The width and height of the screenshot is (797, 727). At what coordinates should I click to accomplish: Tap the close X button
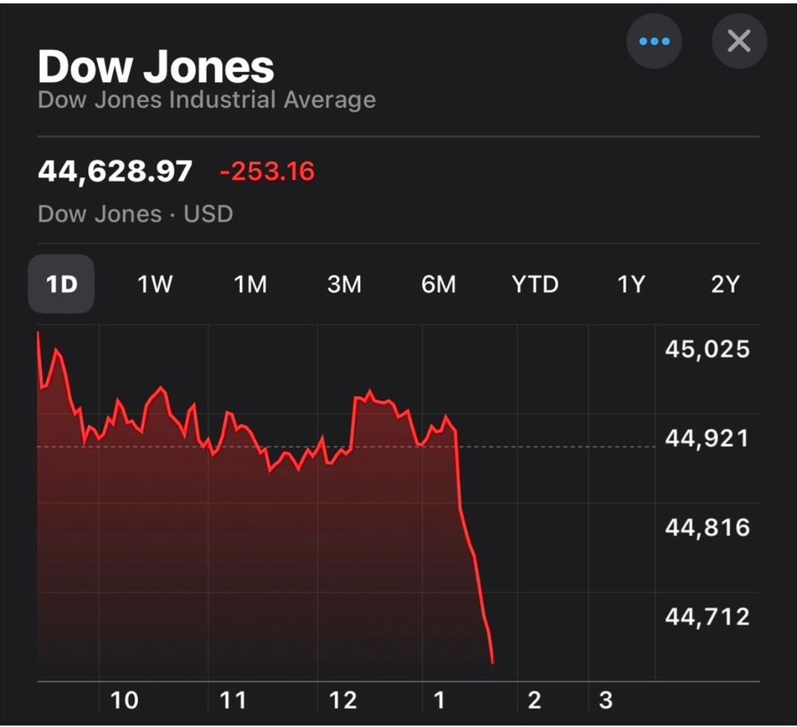pos(739,41)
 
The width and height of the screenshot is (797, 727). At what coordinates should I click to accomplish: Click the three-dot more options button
pos(654,41)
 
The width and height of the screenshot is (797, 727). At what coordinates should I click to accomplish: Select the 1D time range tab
pos(61,285)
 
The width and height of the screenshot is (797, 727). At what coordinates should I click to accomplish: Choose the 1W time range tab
pos(155,285)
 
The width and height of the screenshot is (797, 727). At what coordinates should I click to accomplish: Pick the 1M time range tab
pos(249,285)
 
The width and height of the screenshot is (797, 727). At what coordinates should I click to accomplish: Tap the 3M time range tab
pos(344,285)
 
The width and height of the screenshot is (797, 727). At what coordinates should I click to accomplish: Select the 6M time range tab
pos(438,285)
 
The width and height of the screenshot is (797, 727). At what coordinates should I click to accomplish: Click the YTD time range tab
pos(535,285)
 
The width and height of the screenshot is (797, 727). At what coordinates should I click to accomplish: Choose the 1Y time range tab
pos(630,285)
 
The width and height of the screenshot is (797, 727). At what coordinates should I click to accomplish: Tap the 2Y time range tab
pos(725,285)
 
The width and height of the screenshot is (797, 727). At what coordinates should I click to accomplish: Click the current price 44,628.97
pos(115,171)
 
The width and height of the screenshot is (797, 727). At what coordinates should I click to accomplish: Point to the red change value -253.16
pos(267,171)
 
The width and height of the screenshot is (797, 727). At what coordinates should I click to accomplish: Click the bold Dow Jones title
pos(156,67)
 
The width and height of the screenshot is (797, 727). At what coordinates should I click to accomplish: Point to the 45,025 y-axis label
pos(707,349)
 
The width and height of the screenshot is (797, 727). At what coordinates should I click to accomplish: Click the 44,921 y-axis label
pos(707,438)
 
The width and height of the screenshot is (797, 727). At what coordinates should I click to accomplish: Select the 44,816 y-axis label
pos(707,528)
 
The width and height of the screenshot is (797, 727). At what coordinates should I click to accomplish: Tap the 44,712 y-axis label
pos(707,616)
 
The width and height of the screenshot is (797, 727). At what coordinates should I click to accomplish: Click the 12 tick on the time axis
pos(343,701)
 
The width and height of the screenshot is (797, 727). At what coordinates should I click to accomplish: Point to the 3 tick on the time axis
pos(606,701)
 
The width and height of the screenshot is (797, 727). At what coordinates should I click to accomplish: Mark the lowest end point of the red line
pos(493,662)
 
